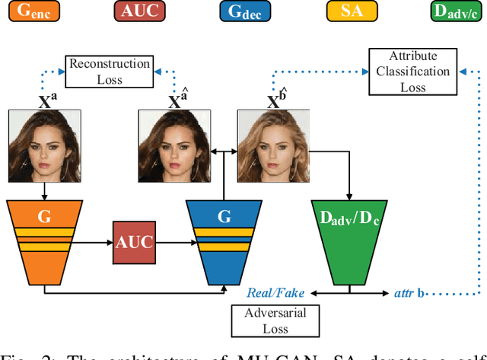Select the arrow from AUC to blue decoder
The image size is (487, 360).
pos(176,244)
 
